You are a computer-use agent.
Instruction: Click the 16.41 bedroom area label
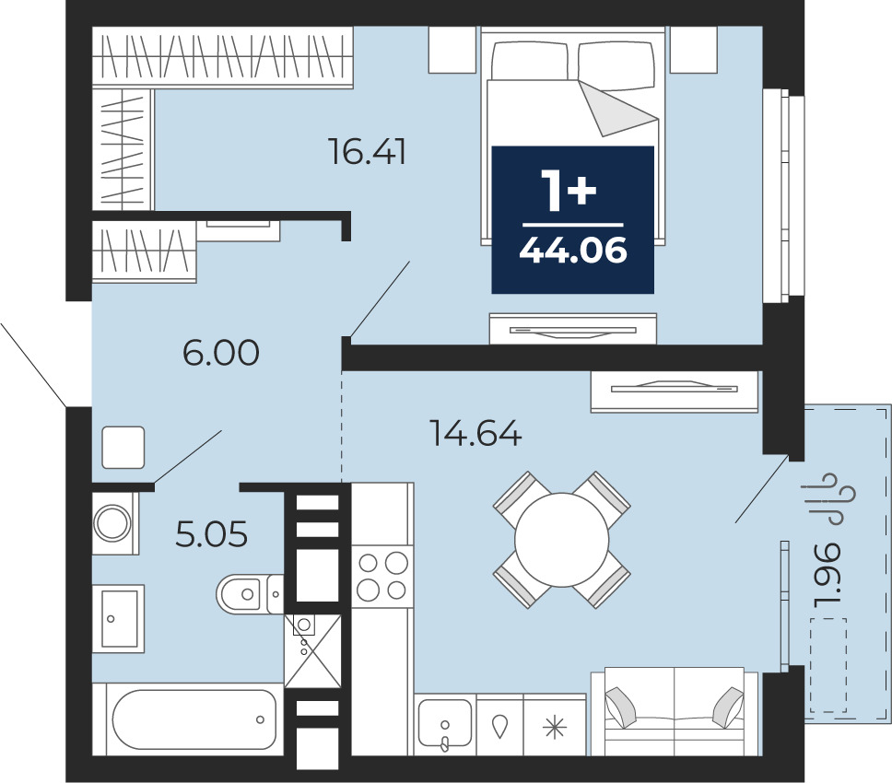(x=368, y=152)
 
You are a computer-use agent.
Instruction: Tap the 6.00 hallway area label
(x=221, y=353)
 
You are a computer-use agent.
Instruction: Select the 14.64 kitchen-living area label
(x=476, y=433)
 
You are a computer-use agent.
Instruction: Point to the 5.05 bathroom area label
(x=212, y=534)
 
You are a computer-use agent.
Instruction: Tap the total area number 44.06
(x=573, y=251)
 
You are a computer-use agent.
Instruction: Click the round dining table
(x=561, y=540)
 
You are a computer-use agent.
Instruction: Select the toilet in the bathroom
(x=250, y=594)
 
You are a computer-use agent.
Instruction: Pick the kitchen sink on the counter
(x=445, y=725)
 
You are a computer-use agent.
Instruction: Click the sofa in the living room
(x=675, y=712)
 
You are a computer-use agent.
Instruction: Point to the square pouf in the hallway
(x=123, y=448)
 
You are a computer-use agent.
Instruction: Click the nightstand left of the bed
(x=452, y=50)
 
